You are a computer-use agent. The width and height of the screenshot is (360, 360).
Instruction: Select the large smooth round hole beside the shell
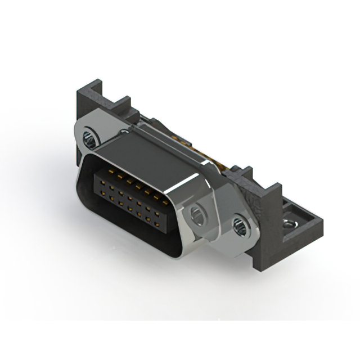click(x=198, y=214)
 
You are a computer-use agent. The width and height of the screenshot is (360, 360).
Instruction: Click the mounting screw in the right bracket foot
click(x=290, y=224)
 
